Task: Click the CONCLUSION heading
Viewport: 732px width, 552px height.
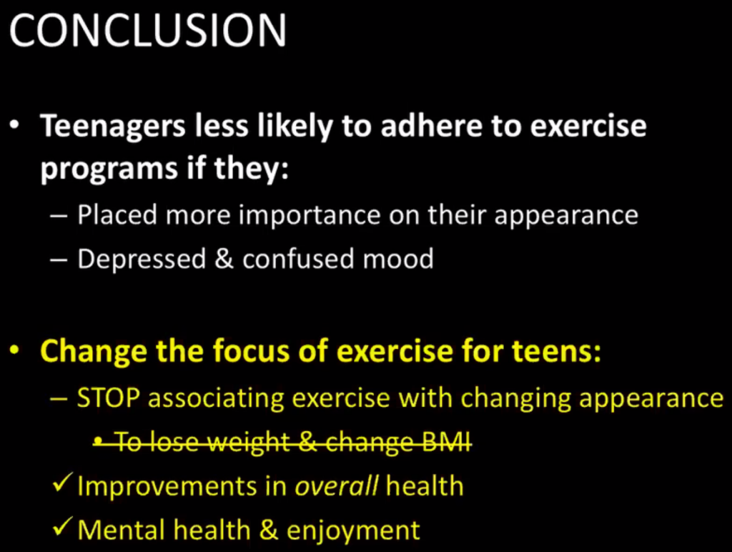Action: click(x=147, y=30)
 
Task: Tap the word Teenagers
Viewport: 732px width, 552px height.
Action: click(x=113, y=127)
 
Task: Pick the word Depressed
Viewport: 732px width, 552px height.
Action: click(x=142, y=260)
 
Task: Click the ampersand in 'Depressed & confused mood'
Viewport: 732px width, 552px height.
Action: click(x=224, y=259)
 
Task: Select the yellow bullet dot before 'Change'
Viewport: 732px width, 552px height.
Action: click(x=16, y=350)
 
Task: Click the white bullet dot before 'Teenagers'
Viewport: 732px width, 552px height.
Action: click(x=16, y=126)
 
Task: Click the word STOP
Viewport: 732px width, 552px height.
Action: click(x=109, y=398)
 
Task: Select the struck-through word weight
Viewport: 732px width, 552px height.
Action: click(x=248, y=443)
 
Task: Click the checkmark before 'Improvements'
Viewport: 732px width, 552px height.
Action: click(x=62, y=483)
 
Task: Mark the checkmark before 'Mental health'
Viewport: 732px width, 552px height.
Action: click(x=62, y=526)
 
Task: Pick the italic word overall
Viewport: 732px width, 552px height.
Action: click(x=336, y=486)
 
